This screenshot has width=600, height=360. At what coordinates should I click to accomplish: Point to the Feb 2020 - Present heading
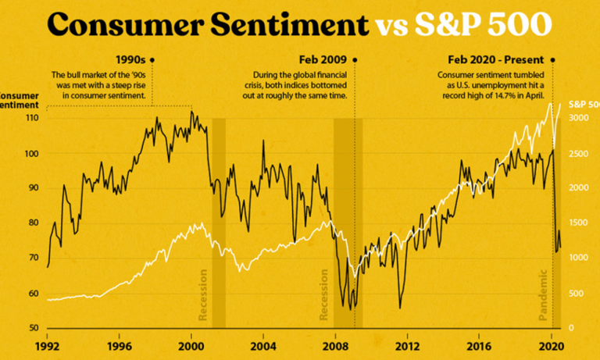495,59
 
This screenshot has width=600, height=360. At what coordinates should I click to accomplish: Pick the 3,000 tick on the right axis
578,118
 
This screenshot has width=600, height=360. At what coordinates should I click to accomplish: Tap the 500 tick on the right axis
576,294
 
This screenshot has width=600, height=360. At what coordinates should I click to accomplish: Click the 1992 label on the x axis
48,345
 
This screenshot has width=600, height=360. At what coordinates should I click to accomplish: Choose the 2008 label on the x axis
335,345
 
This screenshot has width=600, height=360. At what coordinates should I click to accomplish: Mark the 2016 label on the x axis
480,345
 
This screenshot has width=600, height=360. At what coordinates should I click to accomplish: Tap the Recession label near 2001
203,294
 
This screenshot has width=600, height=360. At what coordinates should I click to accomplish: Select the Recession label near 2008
324,294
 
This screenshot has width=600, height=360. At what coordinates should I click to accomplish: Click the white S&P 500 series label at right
581,103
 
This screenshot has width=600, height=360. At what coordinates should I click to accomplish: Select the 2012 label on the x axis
408,345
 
